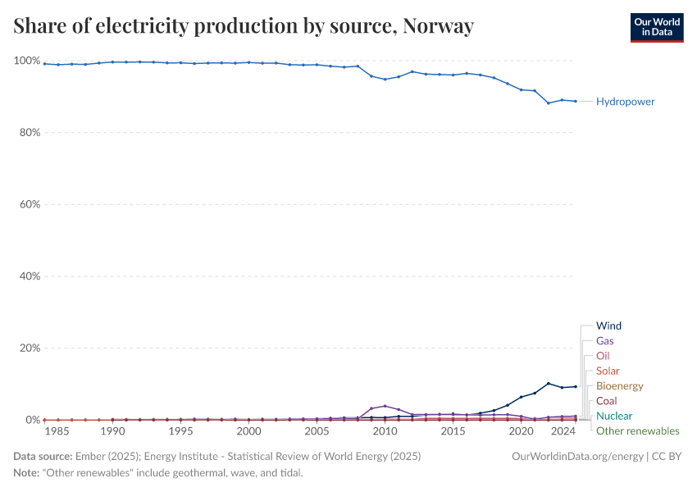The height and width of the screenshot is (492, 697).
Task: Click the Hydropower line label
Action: point(625,102)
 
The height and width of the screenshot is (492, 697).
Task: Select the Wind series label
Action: point(608,326)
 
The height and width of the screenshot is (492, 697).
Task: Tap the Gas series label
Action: point(604,340)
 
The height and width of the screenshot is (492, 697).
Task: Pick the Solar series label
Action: point(608,371)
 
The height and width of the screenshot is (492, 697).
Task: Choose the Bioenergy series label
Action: point(619,385)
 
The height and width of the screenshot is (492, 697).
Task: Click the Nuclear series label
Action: point(613,416)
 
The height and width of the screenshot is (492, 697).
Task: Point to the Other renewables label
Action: point(637,430)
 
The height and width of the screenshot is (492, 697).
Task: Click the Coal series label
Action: point(607,401)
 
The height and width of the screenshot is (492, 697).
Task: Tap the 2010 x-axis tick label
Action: point(385,431)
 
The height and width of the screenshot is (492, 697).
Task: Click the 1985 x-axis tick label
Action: point(57,431)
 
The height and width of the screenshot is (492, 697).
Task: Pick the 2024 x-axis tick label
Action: point(563,431)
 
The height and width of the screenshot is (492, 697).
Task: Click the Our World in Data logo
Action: point(656,27)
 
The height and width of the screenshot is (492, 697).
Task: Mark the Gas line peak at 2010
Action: point(385,406)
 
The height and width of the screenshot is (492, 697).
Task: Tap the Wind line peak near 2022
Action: point(549,384)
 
